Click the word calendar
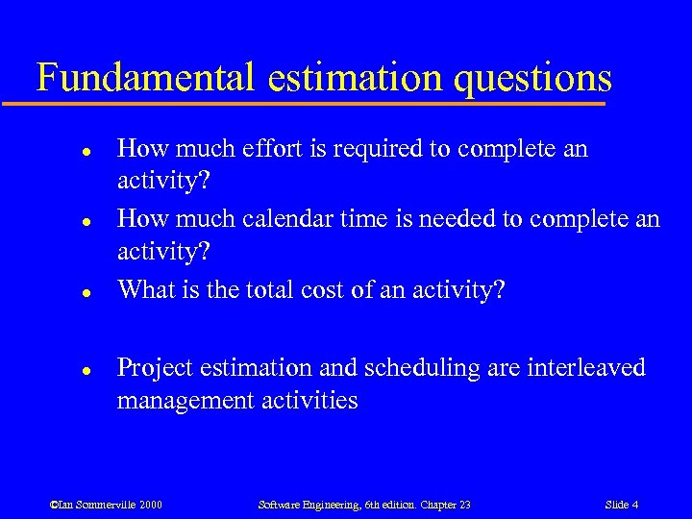(299, 218)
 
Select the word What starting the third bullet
(145, 288)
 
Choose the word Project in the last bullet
(153, 368)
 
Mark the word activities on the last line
(309, 400)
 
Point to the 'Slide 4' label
(622, 505)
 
